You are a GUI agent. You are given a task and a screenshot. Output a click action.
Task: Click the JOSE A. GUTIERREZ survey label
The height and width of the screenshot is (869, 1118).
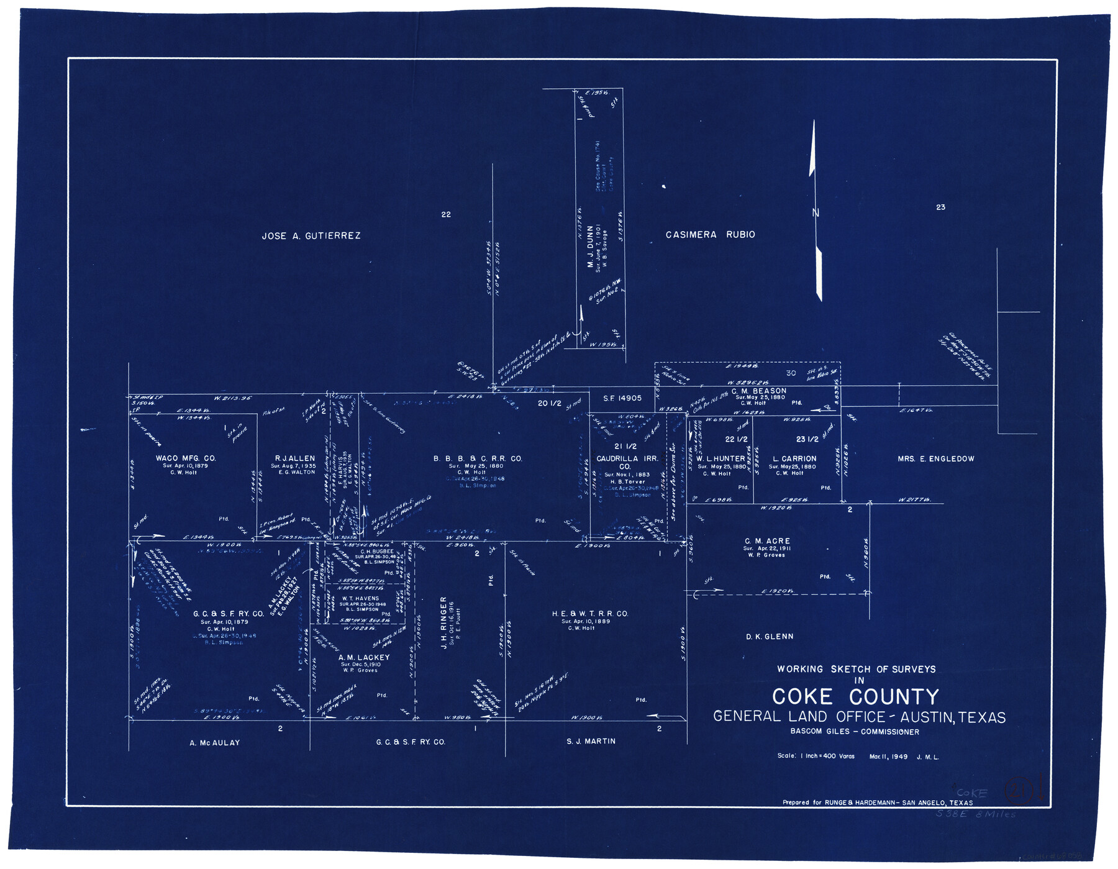pyautogui.click(x=311, y=236)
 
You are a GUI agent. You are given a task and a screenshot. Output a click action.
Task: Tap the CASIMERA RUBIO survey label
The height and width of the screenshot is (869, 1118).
pyautogui.click(x=710, y=235)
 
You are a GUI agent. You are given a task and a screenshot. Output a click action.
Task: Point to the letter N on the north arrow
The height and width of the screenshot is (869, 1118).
pyautogui.click(x=816, y=213)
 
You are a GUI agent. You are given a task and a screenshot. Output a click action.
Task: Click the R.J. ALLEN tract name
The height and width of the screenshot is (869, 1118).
pyautogui.click(x=294, y=458)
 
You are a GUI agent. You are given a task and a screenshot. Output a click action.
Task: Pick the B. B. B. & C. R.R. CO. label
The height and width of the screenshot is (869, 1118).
pyautogui.click(x=478, y=458)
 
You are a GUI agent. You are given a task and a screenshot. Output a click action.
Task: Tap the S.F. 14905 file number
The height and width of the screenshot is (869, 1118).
pyautogui.click(x=622, y=398)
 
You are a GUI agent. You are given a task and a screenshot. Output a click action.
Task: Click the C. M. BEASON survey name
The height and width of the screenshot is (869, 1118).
pyautogui.click(x=758, y=391)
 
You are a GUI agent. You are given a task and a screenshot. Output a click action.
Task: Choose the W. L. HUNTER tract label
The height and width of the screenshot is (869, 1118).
pyautogui.click(x=720, y=458)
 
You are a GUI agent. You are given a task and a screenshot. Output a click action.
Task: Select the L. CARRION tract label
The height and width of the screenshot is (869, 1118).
pyautogui.click(x=794, y=458)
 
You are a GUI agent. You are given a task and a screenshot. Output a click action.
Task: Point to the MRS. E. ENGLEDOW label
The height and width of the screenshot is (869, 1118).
pyautogui.click(x=935, y=459)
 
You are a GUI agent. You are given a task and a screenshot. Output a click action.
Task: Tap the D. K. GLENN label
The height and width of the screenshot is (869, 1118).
pyautogui.click(x=769, y=637)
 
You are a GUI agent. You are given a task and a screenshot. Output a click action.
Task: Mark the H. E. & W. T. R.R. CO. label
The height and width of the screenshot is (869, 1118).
pyautogui.click(x=589, y=614)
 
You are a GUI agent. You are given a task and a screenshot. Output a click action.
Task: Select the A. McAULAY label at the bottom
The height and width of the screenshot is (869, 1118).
pyautogui.click(x=214, y=743)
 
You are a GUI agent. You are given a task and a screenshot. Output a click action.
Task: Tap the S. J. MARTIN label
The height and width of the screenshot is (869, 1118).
pyautogui.click(x=591, y=741)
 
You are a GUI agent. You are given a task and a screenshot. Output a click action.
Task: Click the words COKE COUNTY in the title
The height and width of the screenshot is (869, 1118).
pyautogui.click(x=855, y=697)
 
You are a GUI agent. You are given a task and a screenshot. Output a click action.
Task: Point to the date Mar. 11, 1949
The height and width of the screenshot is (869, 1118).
pyautogui.click(x=888, y=757)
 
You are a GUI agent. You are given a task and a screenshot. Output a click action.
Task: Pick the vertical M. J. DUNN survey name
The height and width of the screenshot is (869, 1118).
pyautogui.click(x=590, y=247)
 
